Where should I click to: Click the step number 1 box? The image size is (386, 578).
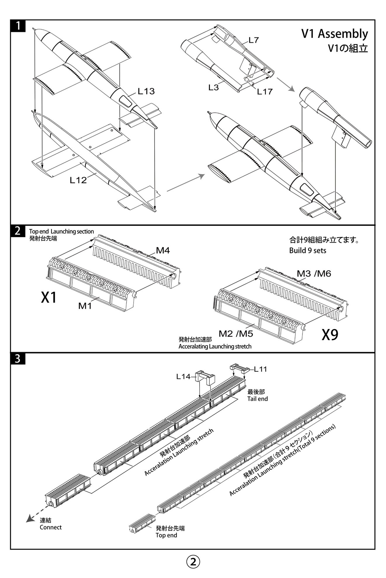pos(18,26)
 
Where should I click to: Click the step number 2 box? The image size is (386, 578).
pos(18,231)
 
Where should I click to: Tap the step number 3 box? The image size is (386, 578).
pos(18,358)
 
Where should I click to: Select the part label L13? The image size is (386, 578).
pos(146,91)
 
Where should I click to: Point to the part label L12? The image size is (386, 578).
pos(78,180)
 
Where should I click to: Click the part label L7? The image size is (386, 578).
pos(254,40)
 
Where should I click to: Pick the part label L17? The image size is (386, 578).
pos(265,92)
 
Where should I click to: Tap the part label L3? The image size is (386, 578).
pos(214,87)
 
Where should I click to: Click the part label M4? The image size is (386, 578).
pos(163,250)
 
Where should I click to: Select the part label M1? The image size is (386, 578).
pos(85,306)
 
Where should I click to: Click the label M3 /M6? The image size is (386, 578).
pos(314,274)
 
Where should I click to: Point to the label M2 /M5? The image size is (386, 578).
pos(236,333)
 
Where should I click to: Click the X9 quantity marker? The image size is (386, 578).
pos(330,335)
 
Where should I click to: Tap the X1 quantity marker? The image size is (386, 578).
pos(49,297)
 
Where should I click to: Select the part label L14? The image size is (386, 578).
pos(184,377)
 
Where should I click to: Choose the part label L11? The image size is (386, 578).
pos(261,369)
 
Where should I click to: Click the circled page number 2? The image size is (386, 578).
pos(193,561)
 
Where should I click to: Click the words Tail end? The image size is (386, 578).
pos(257,399)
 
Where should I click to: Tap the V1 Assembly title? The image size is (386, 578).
pos(335,34)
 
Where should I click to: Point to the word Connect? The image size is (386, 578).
pos(51,527)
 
